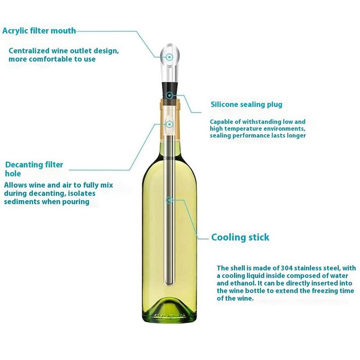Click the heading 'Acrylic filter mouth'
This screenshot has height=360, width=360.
point(39,31)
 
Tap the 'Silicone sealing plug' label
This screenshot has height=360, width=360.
point(247,104)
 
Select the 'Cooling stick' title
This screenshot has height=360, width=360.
point(240,237)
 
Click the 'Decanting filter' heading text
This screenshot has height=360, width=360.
point(34,165)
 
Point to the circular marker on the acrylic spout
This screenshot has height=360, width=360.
point(170,57)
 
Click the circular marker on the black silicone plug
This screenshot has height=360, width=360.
point(170,95)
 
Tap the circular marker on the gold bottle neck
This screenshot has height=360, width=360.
point(170,124)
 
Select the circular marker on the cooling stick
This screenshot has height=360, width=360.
point(170,200)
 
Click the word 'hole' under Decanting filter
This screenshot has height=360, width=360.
point(13,174)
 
